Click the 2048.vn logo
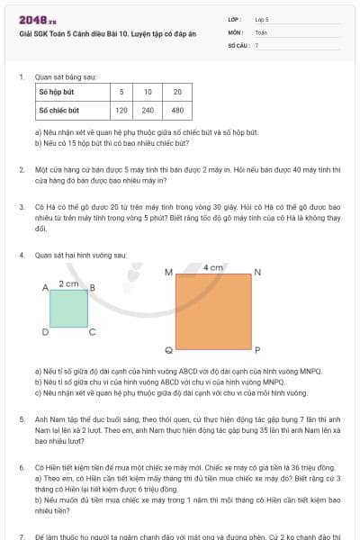click(38, 19)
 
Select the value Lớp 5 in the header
click(262, 18)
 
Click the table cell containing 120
click(121, 110)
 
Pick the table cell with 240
click(148, 110)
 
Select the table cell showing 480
click(177, 110)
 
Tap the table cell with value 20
click(177, 92)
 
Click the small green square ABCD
click(68, 308)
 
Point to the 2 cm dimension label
click(68, 283)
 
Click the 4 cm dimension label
click(212, 267)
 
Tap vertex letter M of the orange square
click(168, 272)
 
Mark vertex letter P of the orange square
click(257, 350)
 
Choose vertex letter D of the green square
click(45, 331)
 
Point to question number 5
click(22, 419)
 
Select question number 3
click(22, 206)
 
